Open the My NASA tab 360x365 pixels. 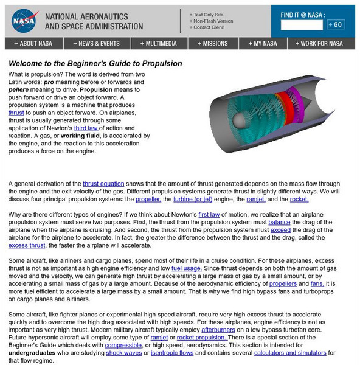265,44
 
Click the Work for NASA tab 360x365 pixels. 322,44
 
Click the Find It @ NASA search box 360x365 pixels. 302,25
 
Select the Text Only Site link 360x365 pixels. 209,14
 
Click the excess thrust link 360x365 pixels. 27,262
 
